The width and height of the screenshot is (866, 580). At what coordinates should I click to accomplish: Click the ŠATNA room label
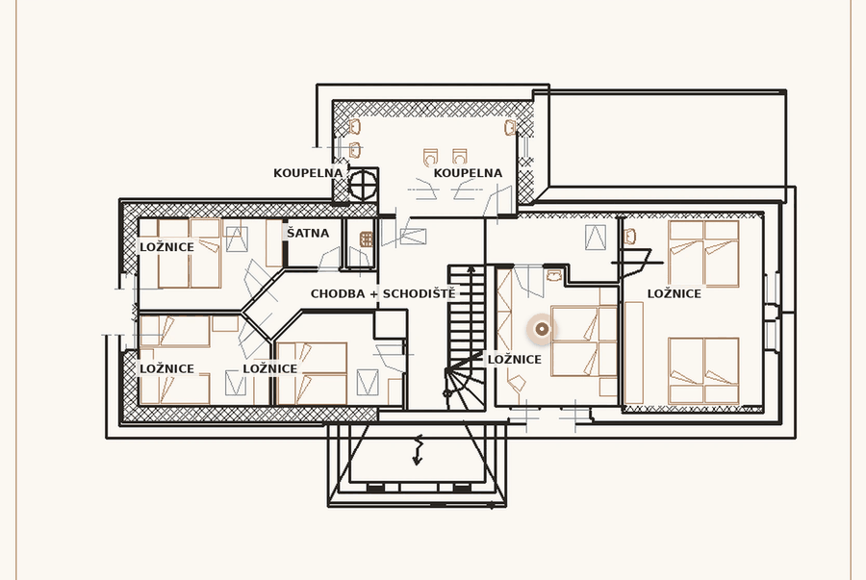(x=308, y=234)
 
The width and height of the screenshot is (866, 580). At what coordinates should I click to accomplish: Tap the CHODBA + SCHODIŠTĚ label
(x=383, y=293)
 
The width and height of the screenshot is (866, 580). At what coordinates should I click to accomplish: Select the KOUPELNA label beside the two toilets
(x=468, y=173)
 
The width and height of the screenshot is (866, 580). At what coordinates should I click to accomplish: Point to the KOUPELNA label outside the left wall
(x=308, y=173)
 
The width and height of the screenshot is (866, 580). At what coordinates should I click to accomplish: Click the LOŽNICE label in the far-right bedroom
(x=674, y=293)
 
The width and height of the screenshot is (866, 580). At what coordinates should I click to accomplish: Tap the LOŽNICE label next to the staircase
(x=514, y=360)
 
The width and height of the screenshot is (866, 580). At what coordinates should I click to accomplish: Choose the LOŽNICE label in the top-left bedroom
(x=166, y=247)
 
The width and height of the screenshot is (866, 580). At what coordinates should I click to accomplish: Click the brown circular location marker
(x=543, y=330)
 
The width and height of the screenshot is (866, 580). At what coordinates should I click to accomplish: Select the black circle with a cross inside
(x=364, y=185)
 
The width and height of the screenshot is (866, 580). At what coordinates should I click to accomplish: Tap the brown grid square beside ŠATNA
(x=367, y=240)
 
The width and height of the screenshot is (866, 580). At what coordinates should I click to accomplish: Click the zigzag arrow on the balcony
(x=418, y=449)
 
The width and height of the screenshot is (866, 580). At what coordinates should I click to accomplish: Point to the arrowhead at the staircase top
(x=471, y=270)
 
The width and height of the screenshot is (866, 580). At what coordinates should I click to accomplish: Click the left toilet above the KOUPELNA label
(x=430, y=158)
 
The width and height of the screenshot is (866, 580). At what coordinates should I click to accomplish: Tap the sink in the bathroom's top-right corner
(x=510, y=128)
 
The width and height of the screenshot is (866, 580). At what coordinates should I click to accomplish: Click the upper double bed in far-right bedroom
(x=703, y=254)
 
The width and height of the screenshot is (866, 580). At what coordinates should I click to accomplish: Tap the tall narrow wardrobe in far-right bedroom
(x=634, y=353)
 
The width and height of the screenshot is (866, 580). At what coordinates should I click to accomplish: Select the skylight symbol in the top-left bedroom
(x=237, y=239)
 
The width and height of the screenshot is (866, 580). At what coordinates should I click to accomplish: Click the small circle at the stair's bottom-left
(x=447, y=393)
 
